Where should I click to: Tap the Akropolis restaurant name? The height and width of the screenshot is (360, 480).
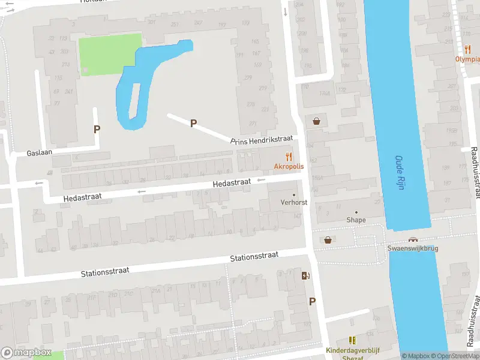(x=289, y=166)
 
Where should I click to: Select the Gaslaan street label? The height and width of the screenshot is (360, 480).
(x=40, y=152)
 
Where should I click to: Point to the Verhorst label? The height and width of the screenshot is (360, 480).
(x=294, y=202)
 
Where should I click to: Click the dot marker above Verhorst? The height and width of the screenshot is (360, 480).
(x=294, y=195)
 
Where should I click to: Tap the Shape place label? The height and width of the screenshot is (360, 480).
(x=356, y=220)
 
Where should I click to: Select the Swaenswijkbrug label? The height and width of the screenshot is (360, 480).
(x=413, y=248)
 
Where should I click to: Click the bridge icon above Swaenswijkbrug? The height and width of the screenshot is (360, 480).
(x=413, y=239)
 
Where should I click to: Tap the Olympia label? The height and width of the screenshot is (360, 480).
(x=467, y=59)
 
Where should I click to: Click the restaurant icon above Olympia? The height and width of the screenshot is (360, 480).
(x=467, y=49)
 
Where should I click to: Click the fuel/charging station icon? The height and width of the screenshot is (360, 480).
(x=307, y=276)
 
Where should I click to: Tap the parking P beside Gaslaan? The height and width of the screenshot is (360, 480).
(x=97, y=128)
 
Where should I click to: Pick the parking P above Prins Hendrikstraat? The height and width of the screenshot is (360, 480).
(x=193, y=123)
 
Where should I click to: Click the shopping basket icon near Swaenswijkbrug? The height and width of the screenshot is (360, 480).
(x=328, y=239)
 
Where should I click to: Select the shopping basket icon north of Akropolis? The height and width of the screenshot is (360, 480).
(x=316, y=121)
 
